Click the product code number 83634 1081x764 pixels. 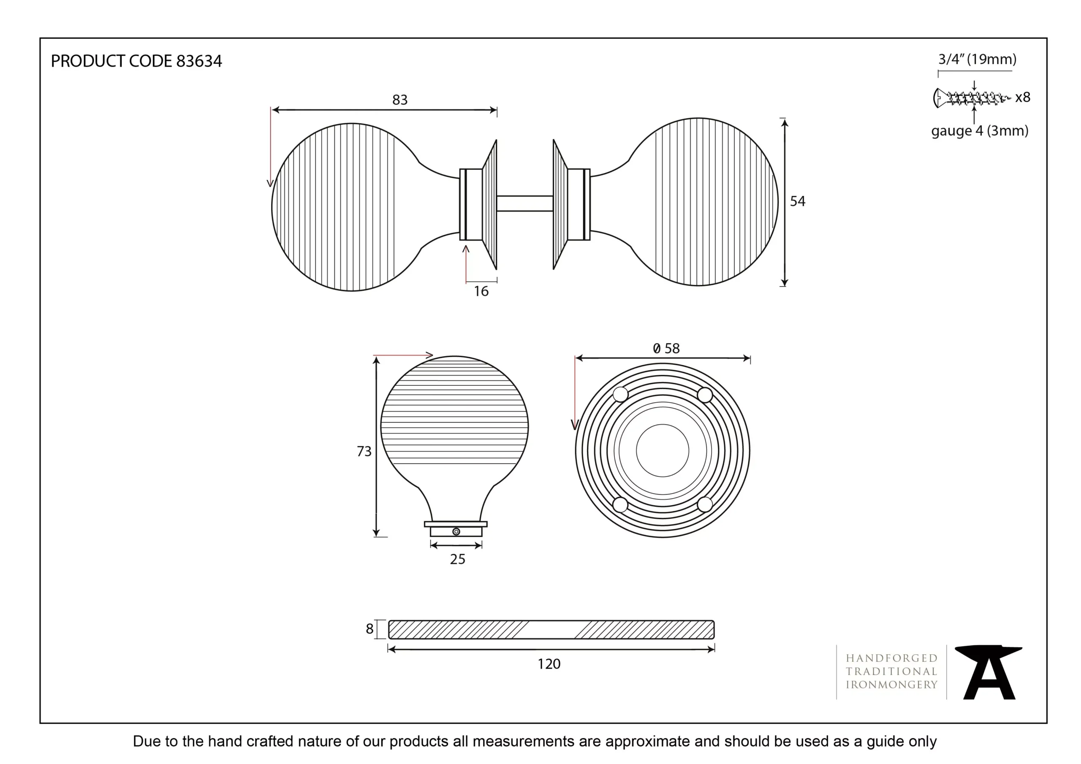(199, 61)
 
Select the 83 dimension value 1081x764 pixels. (399, 100)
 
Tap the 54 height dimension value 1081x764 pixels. (798, 201)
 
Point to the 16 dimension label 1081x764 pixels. (481, 291)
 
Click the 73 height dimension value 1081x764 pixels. (364, 451)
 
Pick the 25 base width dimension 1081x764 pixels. (457, 559)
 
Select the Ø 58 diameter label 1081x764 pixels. (666, 348)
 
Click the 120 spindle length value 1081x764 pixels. (549, 664)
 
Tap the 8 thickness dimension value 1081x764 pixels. (369, 629)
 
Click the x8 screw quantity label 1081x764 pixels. (1023, 98)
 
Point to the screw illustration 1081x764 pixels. (972, 98)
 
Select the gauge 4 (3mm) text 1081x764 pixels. (980, 131)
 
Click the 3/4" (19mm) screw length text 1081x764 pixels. (978, 60)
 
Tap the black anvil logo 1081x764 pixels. (989, 672)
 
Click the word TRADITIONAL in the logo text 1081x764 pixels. (891, 672)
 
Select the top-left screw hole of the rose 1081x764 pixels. (621, 395)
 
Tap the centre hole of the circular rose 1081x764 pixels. (663, 450)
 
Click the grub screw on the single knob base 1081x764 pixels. (456, 531)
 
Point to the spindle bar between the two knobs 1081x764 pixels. (524, 204)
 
